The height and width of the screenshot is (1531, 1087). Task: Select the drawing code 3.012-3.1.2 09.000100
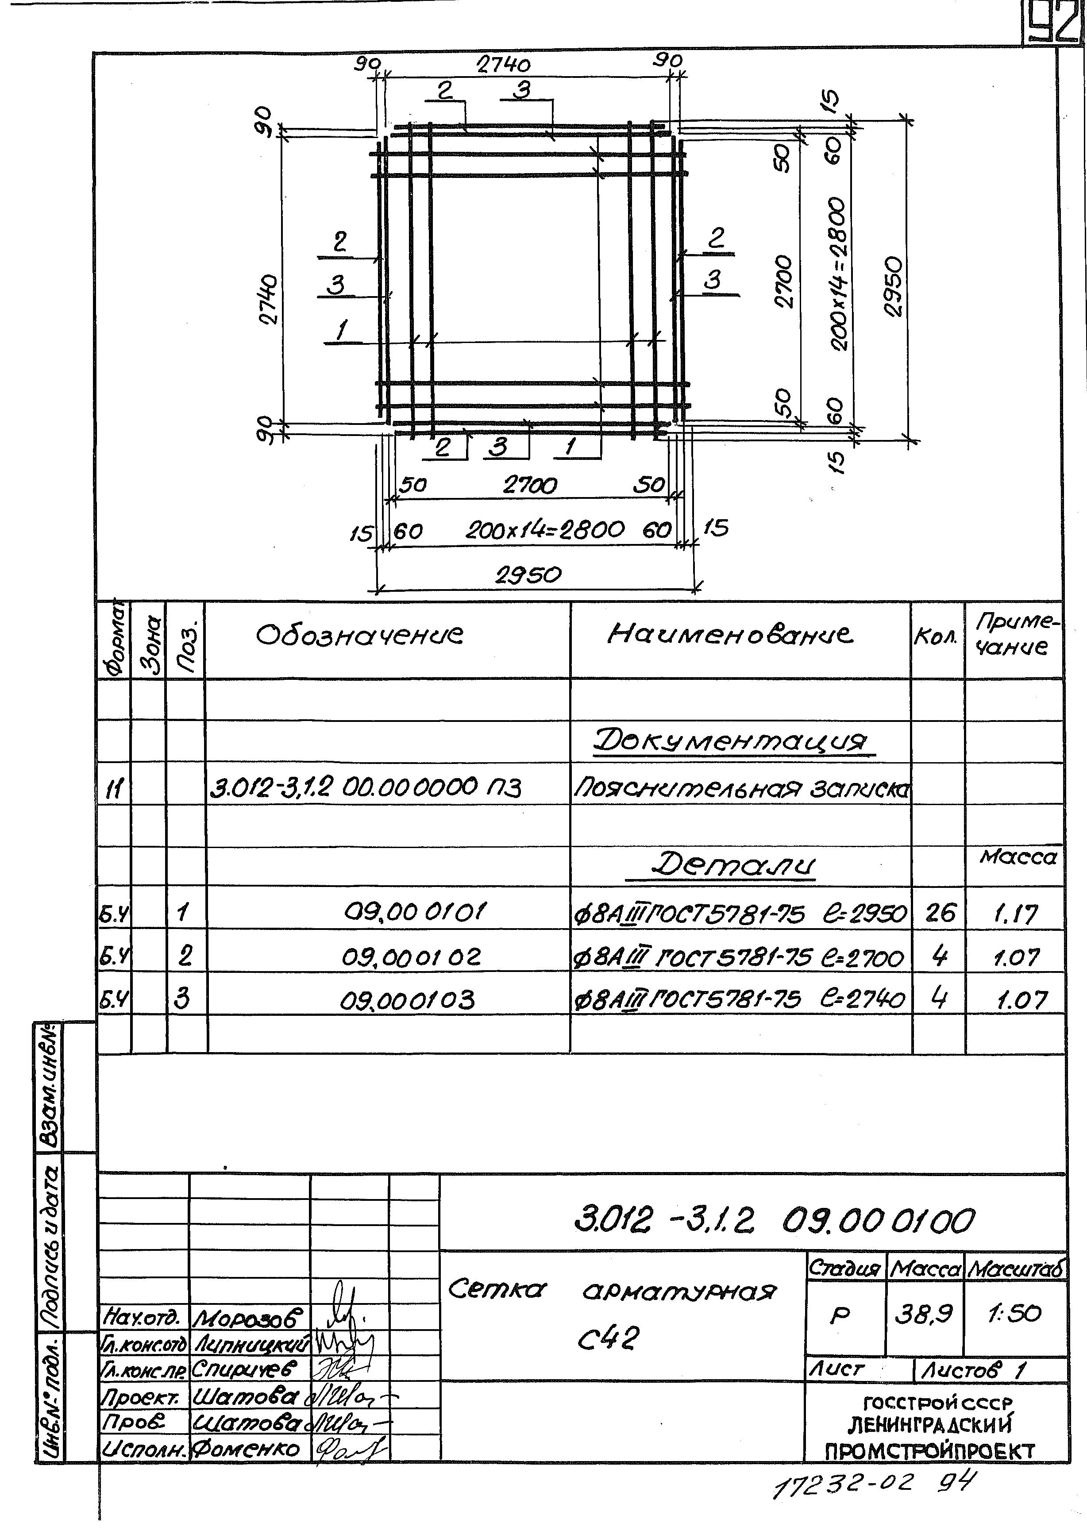(x=774, y=1220)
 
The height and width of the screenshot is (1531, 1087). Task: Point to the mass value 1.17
(x=1015, y=914)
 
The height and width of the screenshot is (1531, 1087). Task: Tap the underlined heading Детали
(x=733, y=866)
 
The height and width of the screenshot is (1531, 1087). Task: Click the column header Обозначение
(x=359, y=635)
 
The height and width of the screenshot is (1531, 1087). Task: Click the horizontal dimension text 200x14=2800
(x=545, y=531)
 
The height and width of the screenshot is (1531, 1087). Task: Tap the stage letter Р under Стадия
(x=839, y=1315)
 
